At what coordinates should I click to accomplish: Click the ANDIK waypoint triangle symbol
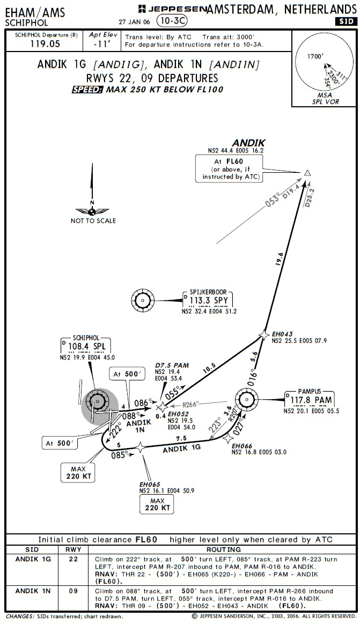pyautogui.click(x=308, y=173)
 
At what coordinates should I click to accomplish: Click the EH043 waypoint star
pyautogui.click(x=264, y=334)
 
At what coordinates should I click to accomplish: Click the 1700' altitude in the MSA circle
pyautogui.click(x=311, y=56)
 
